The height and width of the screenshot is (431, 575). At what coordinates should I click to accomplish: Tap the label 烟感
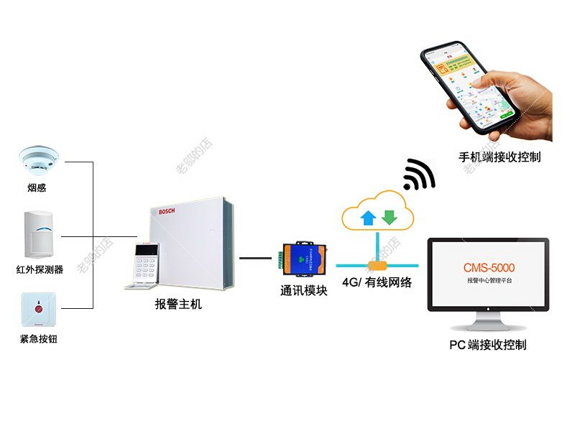pyautogui.click(x=38, y=188)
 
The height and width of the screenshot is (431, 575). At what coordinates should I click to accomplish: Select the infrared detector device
pyautogui.click(x=40, y=234)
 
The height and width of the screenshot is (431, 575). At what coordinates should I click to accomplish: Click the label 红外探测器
pyautogui.click(x=40, y=270)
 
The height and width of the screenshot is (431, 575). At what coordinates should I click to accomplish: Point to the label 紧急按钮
pyautogui.click(x=38, y=338)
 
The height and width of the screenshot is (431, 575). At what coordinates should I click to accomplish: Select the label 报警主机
pyautogui.click(x=179, y=304)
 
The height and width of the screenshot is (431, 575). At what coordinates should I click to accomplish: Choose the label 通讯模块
pyautogui.click(x=304, y=291)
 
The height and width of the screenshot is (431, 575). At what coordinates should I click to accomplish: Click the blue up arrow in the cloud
pyautogui.click(x=369, y=217)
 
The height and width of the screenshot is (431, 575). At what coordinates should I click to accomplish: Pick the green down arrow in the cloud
pyautogui.click(x=390, y=217)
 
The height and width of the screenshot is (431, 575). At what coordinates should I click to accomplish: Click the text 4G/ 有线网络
pyautogui.click(x=377, y=282)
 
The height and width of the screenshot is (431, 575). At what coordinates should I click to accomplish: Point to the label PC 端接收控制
pyautogui.click(x=488, y=345)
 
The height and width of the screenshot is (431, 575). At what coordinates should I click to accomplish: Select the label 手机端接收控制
pyautogui.click(x=500, y=157)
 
